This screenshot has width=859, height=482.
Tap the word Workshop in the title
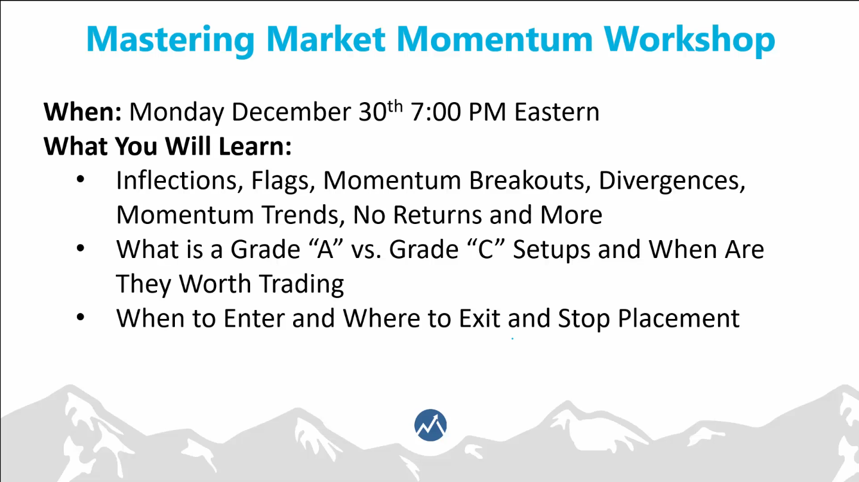point(689,40)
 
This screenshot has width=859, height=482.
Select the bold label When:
point(83,112)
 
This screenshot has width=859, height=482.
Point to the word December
point(291,112)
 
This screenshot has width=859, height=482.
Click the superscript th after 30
point(395,107)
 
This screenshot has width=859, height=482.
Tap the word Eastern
point(557,112)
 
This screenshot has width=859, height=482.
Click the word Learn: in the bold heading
point(255,146)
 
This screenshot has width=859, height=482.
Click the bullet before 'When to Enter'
point(81,317)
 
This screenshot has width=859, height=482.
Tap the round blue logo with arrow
point(430,425)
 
